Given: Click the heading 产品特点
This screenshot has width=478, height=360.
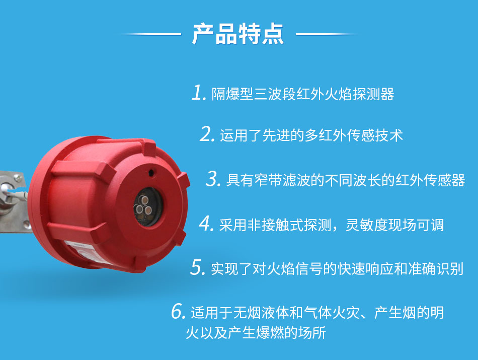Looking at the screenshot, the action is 238,34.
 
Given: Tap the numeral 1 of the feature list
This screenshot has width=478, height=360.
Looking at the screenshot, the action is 198,93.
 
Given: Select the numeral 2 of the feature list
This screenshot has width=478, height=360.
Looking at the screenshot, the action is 207,134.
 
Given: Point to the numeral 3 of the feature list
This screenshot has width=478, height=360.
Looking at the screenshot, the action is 213,179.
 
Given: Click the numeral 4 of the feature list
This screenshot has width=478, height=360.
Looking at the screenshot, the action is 206,224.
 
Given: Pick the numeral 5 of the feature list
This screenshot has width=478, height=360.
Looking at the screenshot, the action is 198,267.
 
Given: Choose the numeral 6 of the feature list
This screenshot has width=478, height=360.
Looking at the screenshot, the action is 178,311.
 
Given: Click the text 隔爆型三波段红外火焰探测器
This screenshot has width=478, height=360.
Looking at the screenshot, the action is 303,94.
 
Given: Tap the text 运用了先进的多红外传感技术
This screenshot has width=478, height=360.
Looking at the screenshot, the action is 311,135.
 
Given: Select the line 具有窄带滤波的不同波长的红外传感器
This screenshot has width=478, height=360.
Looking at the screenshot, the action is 346,180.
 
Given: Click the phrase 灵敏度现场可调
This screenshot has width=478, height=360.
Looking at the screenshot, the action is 395,225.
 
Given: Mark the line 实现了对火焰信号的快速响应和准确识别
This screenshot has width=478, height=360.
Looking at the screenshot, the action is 337,269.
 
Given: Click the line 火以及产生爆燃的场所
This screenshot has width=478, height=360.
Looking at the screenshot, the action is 256,332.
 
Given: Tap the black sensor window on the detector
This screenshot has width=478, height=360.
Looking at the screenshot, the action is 148,206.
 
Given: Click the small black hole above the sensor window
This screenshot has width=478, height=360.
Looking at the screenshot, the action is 151,173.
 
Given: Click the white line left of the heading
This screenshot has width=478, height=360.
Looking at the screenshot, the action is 151,34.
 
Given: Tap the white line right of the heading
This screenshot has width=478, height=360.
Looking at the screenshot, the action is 326,34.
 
